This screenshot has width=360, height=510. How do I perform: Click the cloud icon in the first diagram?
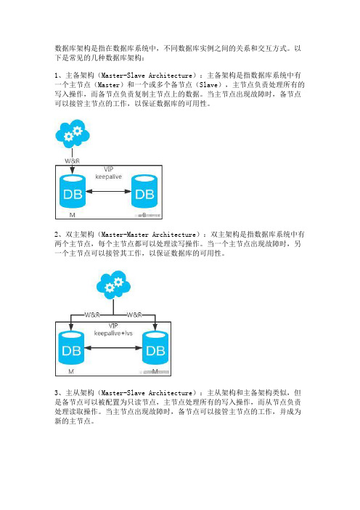click(73, 133)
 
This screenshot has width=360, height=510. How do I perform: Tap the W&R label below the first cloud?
click(72, 161)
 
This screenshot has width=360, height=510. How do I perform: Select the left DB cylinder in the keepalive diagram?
click(73, 192)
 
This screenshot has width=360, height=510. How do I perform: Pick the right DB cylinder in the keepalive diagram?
click(144, 192)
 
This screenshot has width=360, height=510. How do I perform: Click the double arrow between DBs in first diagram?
click(109, 191)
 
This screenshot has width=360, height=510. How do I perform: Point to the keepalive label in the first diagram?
click(109, 177)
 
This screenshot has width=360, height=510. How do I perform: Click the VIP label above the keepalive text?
click(109, 169)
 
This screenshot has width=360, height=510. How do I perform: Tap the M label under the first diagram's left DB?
click(72, 215)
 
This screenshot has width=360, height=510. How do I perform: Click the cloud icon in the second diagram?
click(113, 285)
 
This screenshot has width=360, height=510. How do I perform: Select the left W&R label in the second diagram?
click(92, 315)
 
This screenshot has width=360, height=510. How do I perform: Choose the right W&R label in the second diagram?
click(134, 315)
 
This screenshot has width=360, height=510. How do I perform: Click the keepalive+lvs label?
click(113, 333)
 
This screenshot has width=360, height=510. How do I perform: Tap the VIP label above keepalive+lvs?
click(113, 326)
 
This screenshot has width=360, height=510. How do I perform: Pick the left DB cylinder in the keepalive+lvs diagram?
click(71, 348)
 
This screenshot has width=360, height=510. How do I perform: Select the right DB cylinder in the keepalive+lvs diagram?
click(155, 348)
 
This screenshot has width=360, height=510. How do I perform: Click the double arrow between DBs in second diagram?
click(113, 348)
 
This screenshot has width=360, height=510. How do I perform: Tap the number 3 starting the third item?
click(56, 393)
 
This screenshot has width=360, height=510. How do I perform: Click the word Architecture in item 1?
click(171, 76)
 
